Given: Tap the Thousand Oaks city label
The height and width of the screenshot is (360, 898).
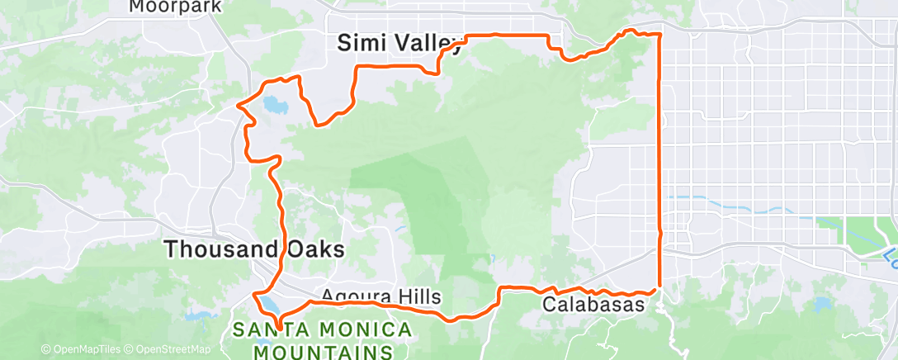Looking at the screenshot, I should (253, 249).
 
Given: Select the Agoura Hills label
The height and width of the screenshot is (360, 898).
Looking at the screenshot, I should (380, 296).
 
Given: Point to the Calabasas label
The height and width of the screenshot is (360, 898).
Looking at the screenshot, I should (593, 305).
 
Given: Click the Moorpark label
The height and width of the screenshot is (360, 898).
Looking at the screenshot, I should (175, 7).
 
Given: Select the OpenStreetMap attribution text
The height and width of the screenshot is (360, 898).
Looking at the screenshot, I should (169, 349).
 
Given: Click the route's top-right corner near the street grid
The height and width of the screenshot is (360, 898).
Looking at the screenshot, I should (659, 35).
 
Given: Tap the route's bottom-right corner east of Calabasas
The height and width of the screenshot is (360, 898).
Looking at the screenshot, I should (659, 290).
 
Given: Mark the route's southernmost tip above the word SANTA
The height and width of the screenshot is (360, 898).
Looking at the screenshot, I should (280, 329).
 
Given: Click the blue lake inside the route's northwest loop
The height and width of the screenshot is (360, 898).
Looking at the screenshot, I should (273, 106).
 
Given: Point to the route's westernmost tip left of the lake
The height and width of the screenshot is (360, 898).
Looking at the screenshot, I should (239, 106).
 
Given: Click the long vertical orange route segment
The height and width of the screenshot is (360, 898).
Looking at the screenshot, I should (659, 165).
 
